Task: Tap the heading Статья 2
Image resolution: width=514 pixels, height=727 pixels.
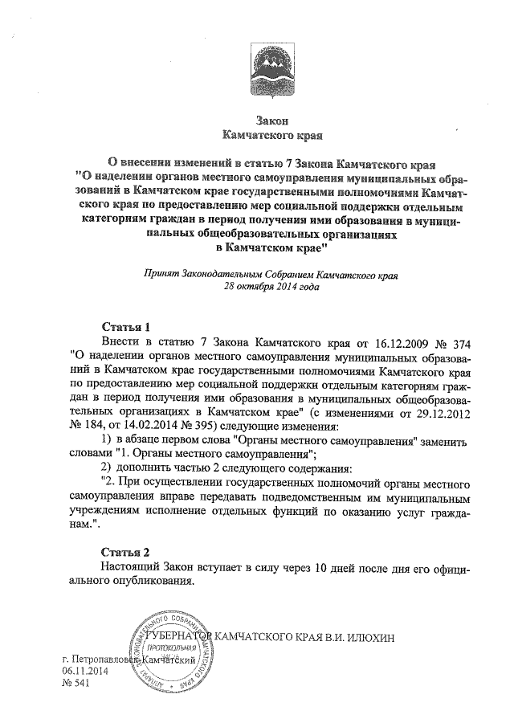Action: [127, 552]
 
